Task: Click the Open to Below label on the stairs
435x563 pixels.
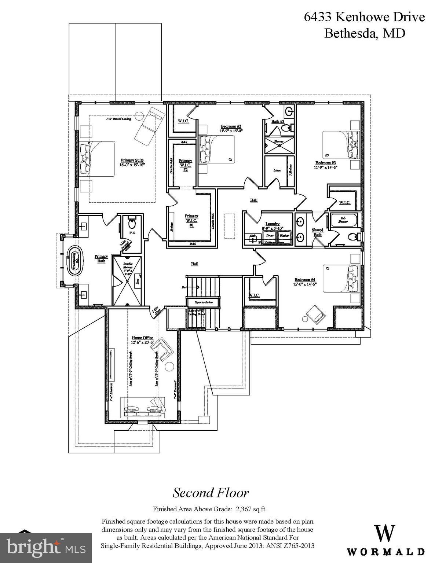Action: [204, 302]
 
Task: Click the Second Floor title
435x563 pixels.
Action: [211, 493]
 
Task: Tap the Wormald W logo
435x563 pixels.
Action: [385, 534]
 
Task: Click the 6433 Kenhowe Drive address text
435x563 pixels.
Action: [364, 17]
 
